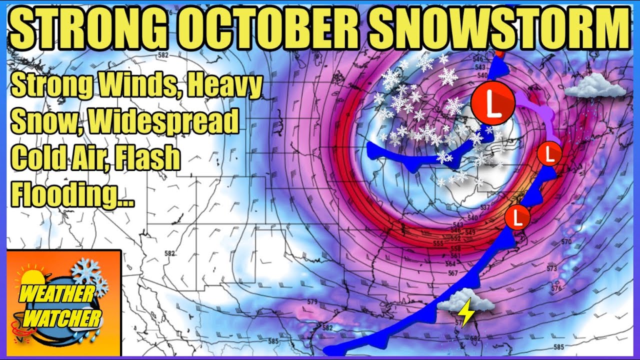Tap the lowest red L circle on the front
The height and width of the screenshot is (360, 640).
(x=517, y=217)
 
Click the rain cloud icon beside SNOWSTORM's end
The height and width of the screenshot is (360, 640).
(x=594, y=86)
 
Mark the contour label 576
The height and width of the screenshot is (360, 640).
(x=556, y=288)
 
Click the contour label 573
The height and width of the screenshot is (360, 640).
(x=551, y=269)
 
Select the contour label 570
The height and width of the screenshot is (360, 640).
(x=565, y=242)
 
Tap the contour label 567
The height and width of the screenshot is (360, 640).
(x=453, y=272)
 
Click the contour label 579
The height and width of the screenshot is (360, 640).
(x=313, y=302)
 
